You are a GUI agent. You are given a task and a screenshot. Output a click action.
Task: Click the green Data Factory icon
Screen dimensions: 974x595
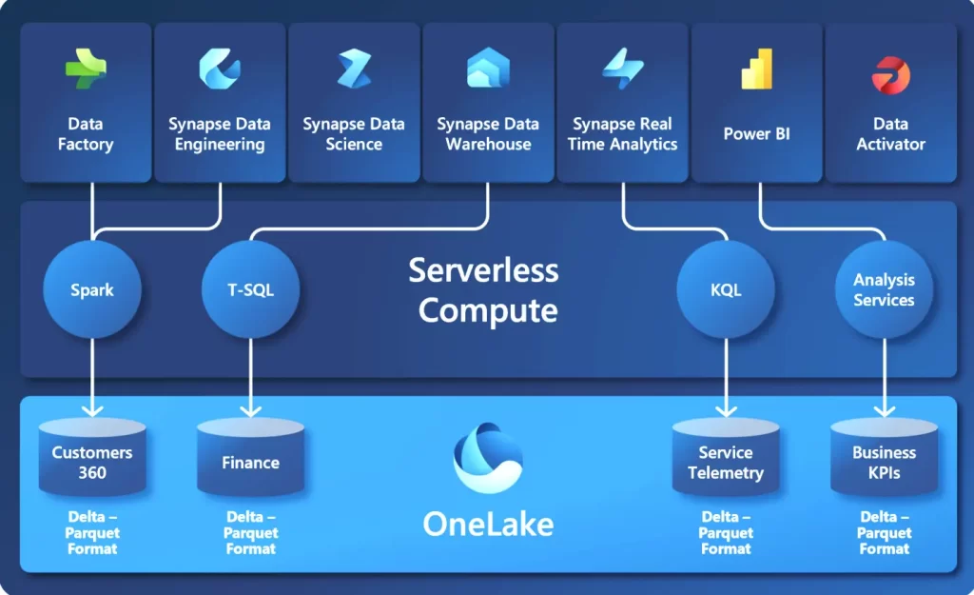(86, 69)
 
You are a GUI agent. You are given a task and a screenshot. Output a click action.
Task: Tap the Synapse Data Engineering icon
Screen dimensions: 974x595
(220, 69)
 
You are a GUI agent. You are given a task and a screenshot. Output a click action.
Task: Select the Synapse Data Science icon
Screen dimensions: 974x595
(354, 69)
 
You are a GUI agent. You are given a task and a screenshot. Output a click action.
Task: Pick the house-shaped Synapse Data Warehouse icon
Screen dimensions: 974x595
(488, 68)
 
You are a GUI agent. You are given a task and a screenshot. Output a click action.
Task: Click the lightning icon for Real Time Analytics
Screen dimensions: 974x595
(622, 69)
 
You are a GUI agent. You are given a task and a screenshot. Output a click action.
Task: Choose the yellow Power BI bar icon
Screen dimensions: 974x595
(756, 69)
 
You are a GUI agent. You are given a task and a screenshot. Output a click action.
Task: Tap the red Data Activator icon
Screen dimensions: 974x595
(890, 74)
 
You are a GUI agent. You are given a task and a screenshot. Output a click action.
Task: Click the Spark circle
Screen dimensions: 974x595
(92, 289)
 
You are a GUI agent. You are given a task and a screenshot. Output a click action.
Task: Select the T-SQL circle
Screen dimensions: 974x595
(250, 289)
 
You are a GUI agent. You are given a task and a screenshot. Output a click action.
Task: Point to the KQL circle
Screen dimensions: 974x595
(726, 289)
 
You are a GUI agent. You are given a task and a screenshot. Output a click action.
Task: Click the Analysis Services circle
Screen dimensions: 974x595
(884, 289)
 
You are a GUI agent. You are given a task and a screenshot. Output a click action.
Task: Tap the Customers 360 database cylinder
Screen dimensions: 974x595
(92, 457)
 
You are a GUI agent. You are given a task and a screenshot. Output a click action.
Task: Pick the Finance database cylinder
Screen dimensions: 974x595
(250, 457)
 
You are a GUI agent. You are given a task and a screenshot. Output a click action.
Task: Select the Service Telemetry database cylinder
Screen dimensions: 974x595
(726, 457)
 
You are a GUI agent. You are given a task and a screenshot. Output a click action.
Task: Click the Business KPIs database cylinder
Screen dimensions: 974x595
(884, 457)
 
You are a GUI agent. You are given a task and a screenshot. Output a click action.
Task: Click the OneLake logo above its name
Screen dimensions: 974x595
(488, 458)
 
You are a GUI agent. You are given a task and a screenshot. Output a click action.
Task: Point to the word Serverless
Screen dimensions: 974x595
(483, 271)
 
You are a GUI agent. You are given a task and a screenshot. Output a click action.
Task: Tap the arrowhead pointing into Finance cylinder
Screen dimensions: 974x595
(250, 410)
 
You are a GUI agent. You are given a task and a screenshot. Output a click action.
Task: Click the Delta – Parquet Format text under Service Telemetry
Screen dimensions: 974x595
(726, 533)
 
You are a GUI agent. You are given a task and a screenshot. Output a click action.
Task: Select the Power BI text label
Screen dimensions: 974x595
(756, 133)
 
